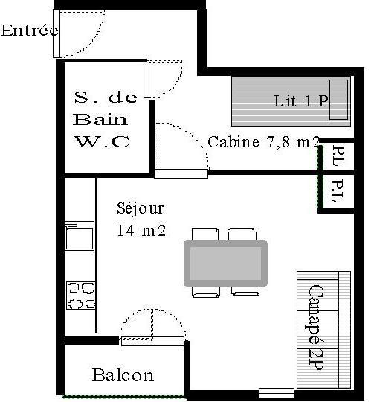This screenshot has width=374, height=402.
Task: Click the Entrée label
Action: click(30, 31)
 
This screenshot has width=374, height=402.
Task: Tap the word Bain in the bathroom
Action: click(100, 119)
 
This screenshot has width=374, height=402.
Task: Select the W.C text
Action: click(102, 141)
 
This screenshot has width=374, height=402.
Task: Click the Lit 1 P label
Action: click(301, 100)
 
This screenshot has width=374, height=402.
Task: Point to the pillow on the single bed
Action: click(338, 100)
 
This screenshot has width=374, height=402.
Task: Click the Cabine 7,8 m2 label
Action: click(264, 141)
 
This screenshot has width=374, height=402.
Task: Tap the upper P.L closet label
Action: click(338, 156)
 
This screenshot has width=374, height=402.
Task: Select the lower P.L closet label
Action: click(337, 191)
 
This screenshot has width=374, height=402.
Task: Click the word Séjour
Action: click(140, 208)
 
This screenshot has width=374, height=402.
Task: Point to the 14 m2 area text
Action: click(141, 231)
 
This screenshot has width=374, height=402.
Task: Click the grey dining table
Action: click(226, 264)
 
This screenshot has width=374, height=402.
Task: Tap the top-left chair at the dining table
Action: click(205, 234)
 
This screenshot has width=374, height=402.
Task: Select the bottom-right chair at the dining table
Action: click(245, 290)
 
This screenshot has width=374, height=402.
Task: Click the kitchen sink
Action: click(80, 235)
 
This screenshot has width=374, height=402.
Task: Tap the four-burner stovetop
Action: click(81, 296)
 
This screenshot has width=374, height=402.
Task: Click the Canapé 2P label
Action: click(316, 328)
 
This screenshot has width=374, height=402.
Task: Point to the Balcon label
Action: click(123, 375)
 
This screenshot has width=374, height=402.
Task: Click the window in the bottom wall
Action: click(277, 393)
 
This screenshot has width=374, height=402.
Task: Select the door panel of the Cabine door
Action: click(181, 173)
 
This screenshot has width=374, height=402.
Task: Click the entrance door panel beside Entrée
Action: click(57, 33)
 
